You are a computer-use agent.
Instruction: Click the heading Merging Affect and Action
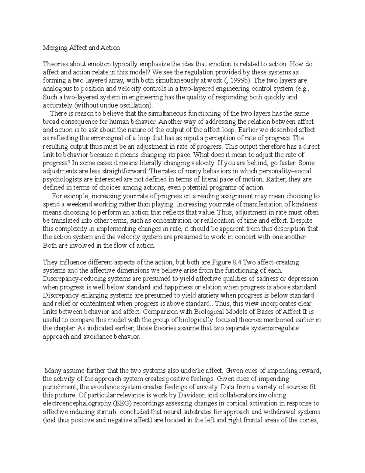pyautogui.click(x=81, y=48)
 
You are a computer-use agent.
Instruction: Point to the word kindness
pyautogui.click(x=304, y=204)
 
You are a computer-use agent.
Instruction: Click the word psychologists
pyautogui.click(x=61, y=179)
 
